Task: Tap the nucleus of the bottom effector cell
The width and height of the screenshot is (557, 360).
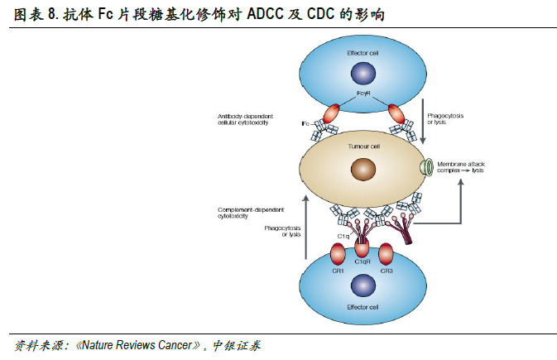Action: pyautogui.click(x=362, y=287)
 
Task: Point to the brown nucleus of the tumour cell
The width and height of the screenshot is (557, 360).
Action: pyautogui.click(x=362, y=170)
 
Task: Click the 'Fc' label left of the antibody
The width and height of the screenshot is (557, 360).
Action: pyautogui.click(x=306, y=124)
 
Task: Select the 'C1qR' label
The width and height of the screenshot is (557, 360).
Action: pyautogui.click(x=363, y=262)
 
